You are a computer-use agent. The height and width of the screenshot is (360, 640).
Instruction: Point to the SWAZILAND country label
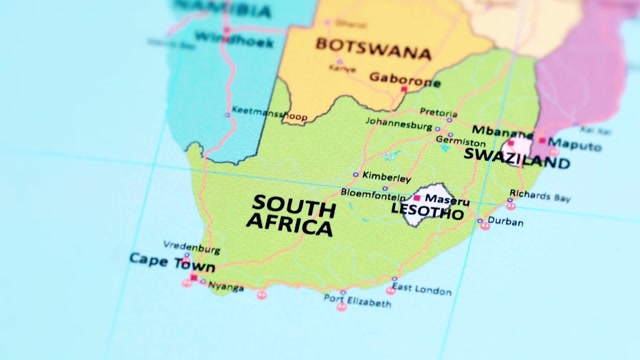[517, 160]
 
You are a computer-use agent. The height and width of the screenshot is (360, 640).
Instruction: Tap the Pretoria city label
[438, 112]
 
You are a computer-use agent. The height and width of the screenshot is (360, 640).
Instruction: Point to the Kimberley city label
[387, 178]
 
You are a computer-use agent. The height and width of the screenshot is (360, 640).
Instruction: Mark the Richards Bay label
[539, 196]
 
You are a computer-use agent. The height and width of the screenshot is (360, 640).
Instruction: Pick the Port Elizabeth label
[357, 299]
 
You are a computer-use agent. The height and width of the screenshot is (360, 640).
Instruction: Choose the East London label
[421, 290]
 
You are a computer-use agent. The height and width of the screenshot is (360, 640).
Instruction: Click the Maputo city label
[577, 146]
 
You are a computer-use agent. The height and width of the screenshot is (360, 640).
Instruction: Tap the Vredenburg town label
[190, 245]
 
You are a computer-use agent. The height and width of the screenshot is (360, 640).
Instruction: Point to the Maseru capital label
[447, 200]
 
